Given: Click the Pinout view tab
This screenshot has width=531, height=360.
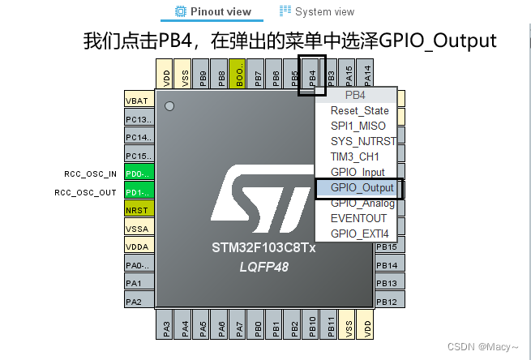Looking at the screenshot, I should coord(213,11).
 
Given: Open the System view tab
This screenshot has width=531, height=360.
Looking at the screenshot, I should coord(317,11).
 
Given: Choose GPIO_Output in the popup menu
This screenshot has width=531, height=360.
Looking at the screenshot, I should coord(362,187).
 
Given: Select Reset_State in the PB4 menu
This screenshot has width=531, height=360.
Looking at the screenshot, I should coord(359,110).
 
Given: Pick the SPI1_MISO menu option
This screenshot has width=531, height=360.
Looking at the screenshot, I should coord(358,126).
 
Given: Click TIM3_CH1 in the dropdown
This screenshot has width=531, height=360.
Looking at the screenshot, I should coord(355,156).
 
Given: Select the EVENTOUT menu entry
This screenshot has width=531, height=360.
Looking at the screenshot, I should coord(358,218).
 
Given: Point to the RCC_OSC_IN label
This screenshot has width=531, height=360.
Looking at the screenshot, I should coord(91,174).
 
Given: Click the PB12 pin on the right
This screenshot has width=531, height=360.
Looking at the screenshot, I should coord(387,302).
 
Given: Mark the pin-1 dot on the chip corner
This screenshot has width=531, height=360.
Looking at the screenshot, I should coord(169,106).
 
